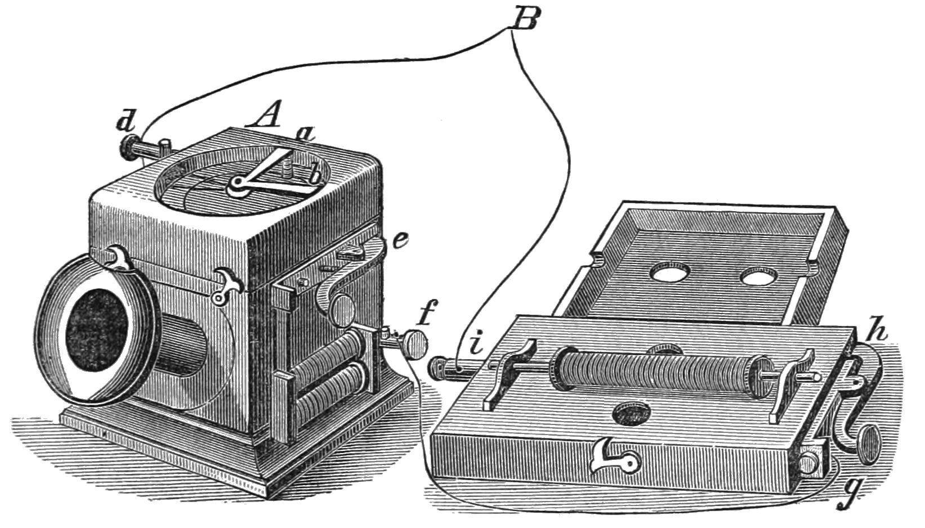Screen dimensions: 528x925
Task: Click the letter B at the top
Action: point(525,21)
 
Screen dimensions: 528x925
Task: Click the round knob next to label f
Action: point(414,345)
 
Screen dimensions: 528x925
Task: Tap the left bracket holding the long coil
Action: point(510,372)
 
